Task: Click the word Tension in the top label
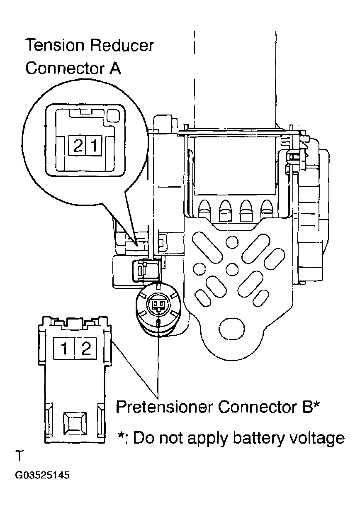(x=55, y=45)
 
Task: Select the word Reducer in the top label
(x=122, y=45)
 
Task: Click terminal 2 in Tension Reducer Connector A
(x=77, y=146)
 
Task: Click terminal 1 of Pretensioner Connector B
(x=64, y=348)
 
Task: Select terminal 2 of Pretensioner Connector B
(x=85, y=348)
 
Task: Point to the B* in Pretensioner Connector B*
(x=311, y=407)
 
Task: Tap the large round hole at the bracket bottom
(x=231, y=329)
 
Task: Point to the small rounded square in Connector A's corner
(x=113, y=115)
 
